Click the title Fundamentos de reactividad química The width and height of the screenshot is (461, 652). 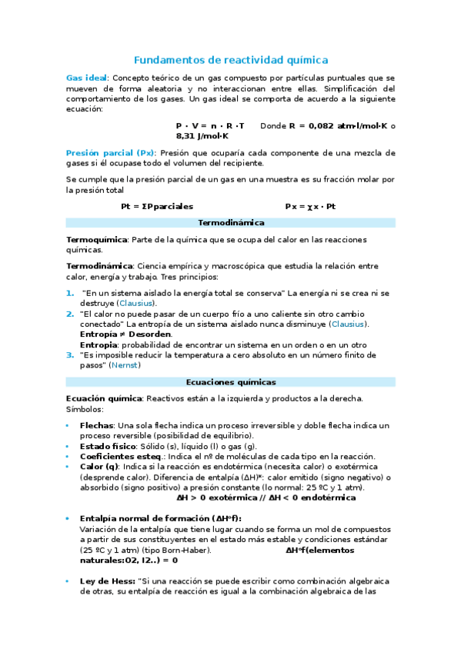[231, 59]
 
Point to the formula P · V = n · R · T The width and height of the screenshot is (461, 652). [209, 125]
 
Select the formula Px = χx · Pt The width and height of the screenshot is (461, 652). [310, 206]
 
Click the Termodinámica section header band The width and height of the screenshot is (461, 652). [231, 223]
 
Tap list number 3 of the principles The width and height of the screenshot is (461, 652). [70, 355]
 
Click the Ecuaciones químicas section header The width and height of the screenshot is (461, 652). [231, 381]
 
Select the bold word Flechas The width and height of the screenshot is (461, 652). [96, 425]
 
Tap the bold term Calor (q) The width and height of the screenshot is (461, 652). [99, 467]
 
